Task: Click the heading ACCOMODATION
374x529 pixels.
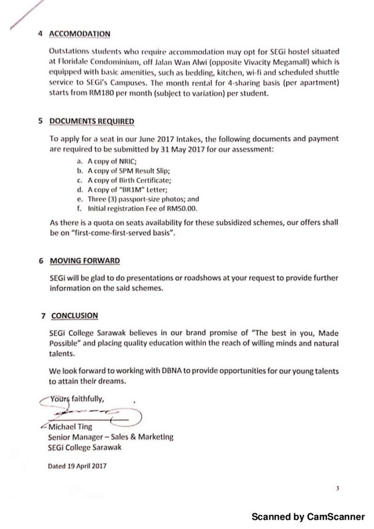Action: pos(80,34)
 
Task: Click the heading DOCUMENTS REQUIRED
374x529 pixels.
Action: pos(91,122)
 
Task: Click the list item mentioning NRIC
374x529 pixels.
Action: pos(111,162)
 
